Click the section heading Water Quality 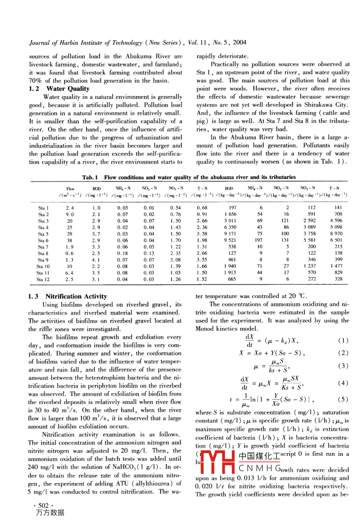click(68, 89)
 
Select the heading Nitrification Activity click(76, 296)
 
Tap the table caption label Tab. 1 click(90, 177)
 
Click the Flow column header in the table click(70, 188)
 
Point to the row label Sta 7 click(43, 247)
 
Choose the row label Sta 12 click(43, 279)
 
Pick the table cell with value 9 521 click(230, 240)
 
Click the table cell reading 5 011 click(230, 221)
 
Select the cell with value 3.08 click(175, 260)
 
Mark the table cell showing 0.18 click(123, 253)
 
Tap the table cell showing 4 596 click(336, 221)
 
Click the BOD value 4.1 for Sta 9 click(96, 260)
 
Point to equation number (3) click(343, 366)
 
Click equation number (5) click(343, 399)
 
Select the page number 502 click(43, 506)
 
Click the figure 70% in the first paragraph click(36, 81)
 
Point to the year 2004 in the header click(240, 42)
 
